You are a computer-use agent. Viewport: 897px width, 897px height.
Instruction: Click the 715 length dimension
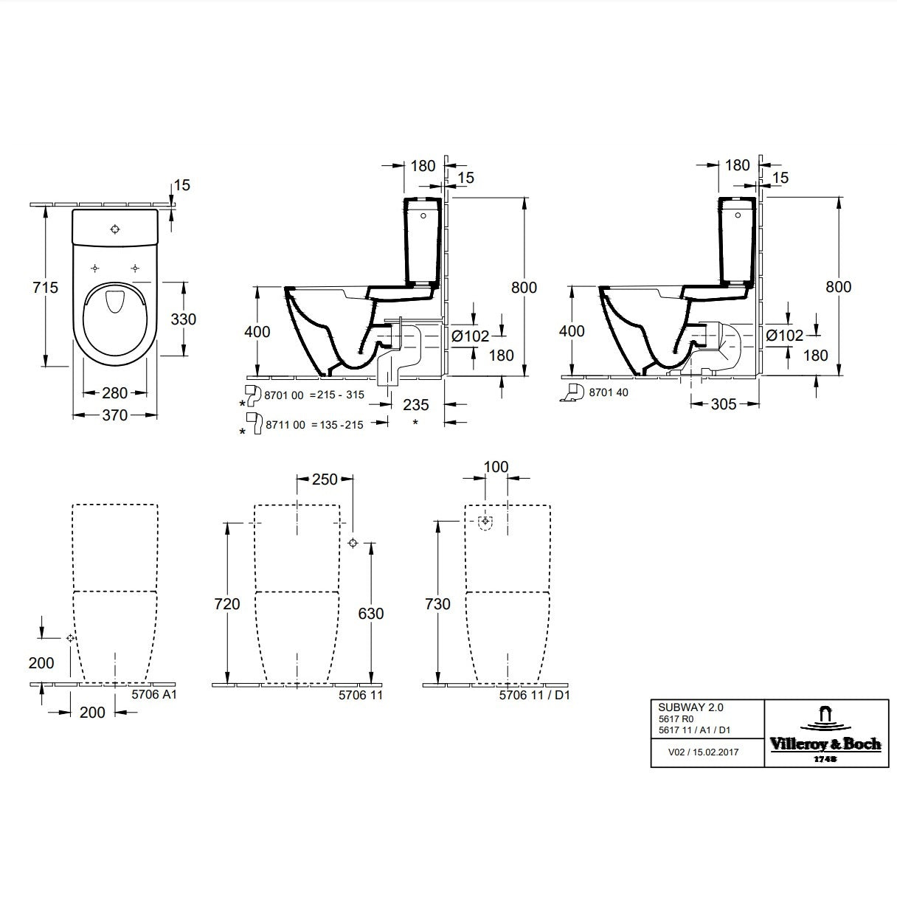pyautogui.click(x=46, y=287)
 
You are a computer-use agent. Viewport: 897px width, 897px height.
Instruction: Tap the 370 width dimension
pyautogui.click(x=115, y=415)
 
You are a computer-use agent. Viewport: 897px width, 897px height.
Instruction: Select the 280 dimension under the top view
pyautogui.click(x=115, y=393)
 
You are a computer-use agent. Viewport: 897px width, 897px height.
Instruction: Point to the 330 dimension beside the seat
pyautogui.click(x=183, y=319)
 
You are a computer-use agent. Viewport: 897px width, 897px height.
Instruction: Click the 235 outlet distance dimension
pyautogui.click(x=416, y=404)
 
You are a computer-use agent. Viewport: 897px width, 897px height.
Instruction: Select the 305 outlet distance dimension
pyautogui.click(x=724, y=404)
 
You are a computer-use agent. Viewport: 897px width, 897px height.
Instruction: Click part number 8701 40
pyautogui.click(x=609, y=393)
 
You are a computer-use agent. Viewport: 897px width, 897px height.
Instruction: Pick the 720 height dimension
pyautogui.click(x=228, y=604)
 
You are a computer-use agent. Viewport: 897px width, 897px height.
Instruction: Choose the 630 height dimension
pyautogui.click(x=371, y=613)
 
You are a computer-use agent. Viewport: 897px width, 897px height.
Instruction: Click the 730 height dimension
pyautogui.click(x=438, y=604)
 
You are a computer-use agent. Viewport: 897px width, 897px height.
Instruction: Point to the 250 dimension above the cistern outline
pyautogui.click(x=325, y=479)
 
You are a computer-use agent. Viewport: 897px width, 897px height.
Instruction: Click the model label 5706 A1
pyautogui.click(x=154, y=694)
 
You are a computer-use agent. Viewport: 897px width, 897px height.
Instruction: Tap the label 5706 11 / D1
pyautogui.click(x=535, y=694)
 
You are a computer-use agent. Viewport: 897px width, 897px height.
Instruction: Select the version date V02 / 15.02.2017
pyautogui.click(x=704, y=752)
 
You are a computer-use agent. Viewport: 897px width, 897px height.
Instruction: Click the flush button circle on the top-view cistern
pyautogui.click(x=114, y=229)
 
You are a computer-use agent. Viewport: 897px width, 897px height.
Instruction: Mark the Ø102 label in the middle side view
pyautogui.click(x=471, y=336)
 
